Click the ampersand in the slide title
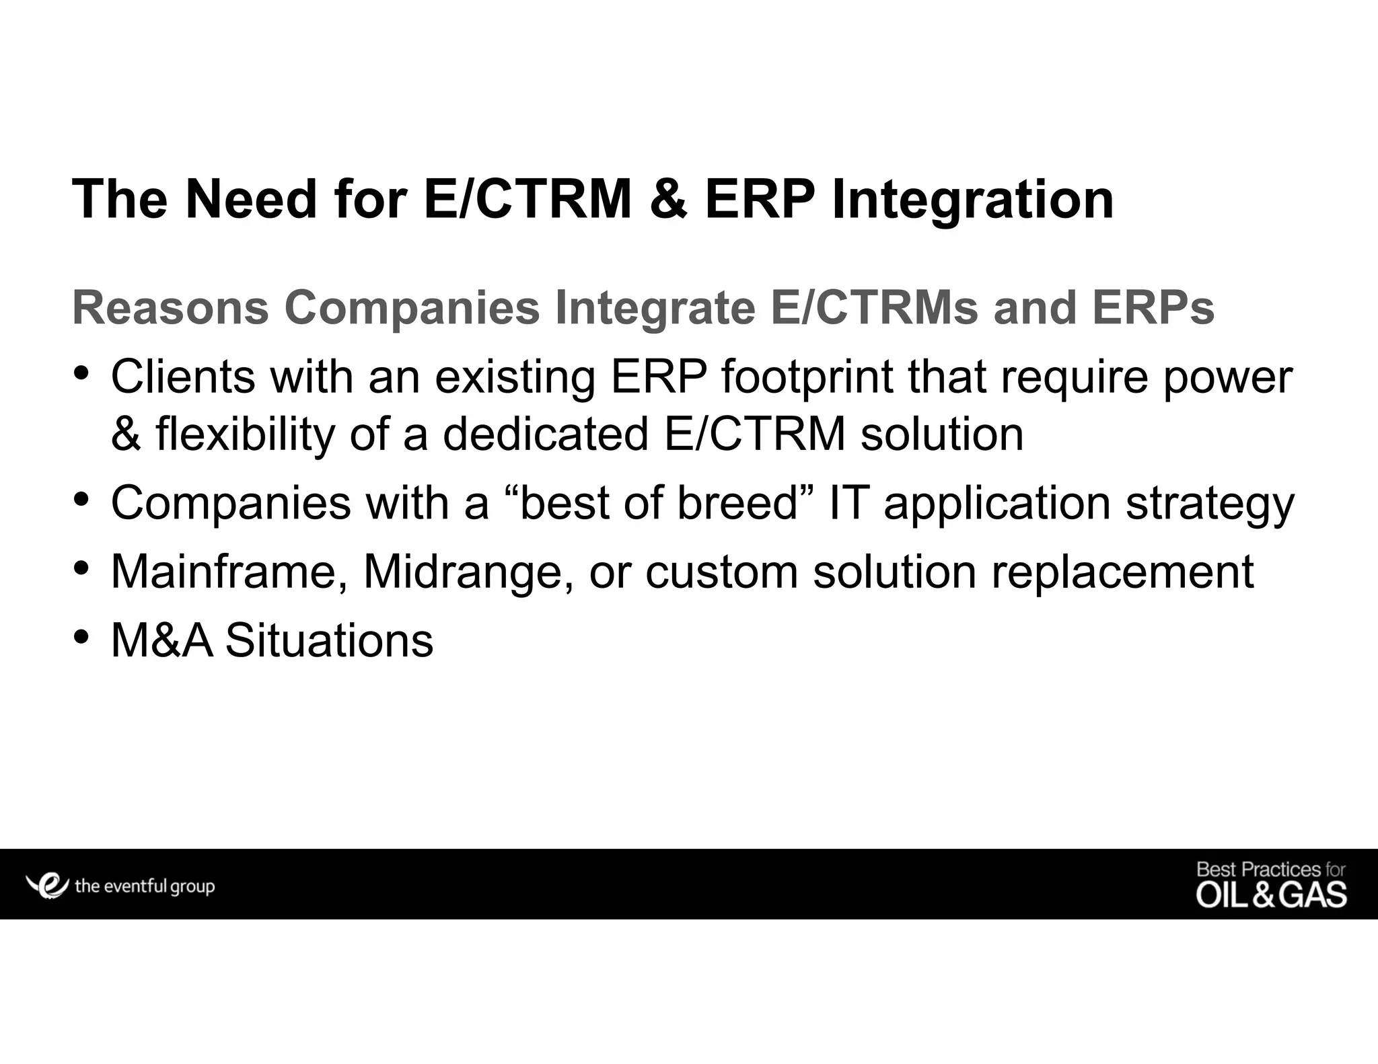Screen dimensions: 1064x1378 point(668,200)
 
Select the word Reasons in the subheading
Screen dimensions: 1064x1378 point(171,308)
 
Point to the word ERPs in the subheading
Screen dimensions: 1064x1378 point(1153,308)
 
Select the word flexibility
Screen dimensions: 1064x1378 point(245,434)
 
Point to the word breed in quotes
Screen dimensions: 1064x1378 point(737,503)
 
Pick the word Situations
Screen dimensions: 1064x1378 point(329,640)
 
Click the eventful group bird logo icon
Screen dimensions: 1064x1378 point(47,885)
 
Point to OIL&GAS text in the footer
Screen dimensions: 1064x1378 point(1271,896)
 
